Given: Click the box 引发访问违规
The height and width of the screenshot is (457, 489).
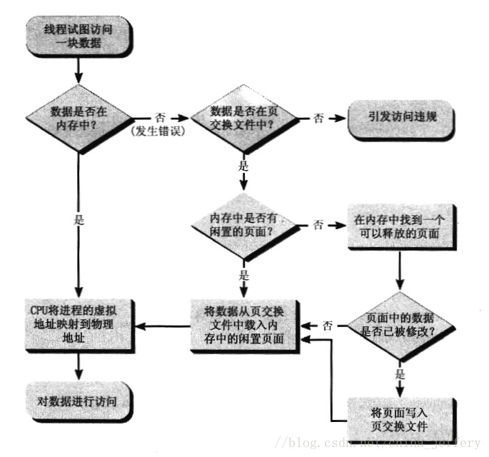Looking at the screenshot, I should pyautogui.click(x=403, y=119).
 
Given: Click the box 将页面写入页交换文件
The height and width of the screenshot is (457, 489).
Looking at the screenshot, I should pyautogui.click(x=398, y=418).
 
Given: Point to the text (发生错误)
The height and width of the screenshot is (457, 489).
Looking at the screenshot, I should pyautogui.click(x=156, y=131).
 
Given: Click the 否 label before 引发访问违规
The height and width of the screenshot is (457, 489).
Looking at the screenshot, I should pyautogui.click(x=318, y=118).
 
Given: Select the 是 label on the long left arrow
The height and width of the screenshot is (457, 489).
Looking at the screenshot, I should pyautogui.click(x=79, y=220).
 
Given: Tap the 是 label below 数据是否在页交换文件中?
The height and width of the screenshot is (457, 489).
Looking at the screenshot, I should pyautogui.click(x=243, y=164).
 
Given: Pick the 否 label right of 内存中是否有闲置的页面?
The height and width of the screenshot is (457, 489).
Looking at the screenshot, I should pyautogui.click(x=318, y=224).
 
